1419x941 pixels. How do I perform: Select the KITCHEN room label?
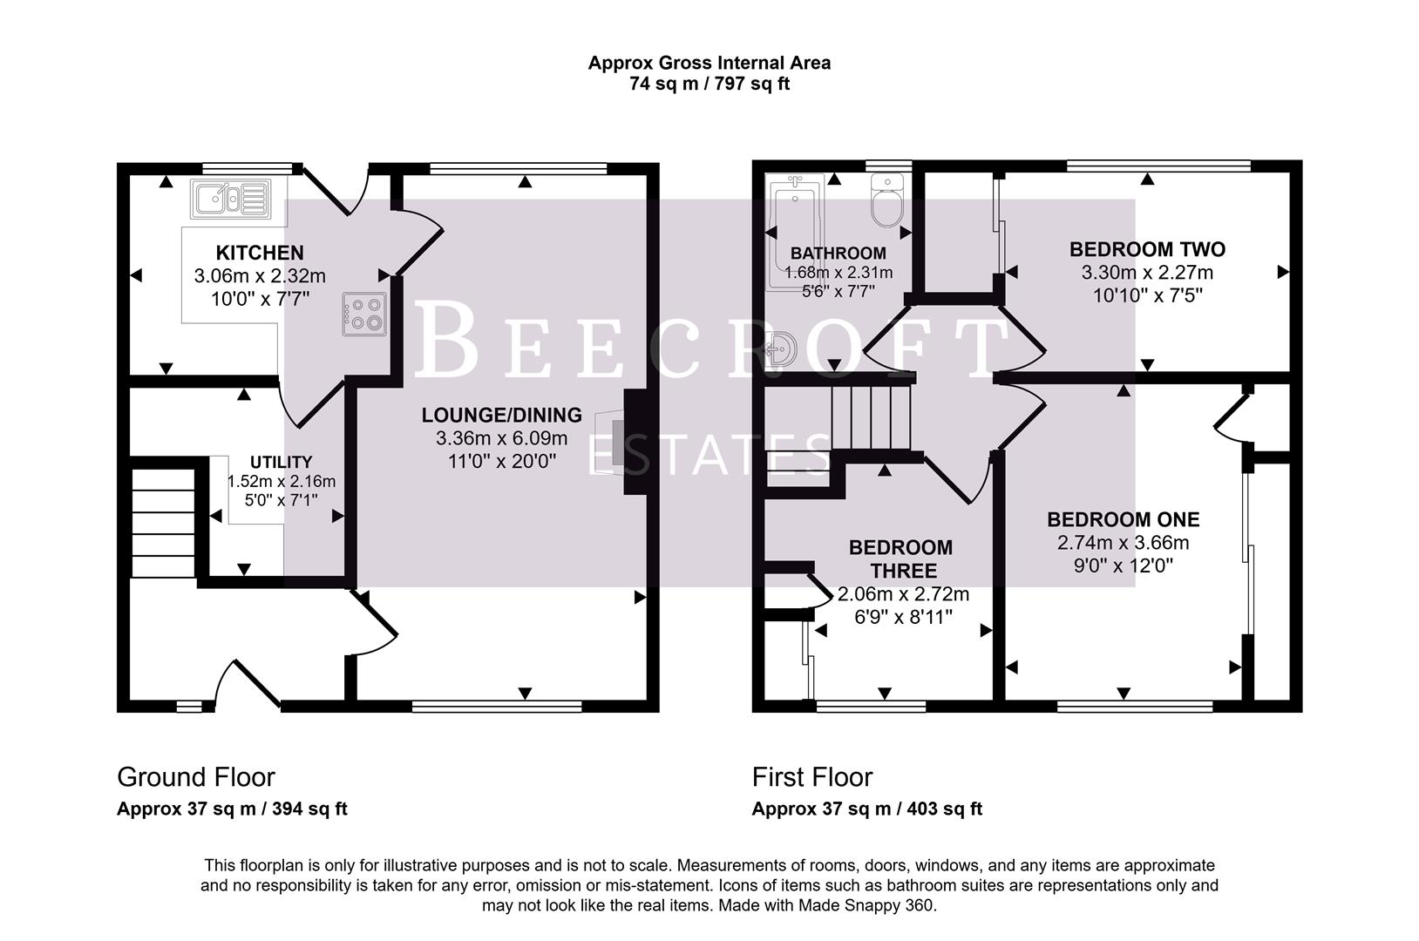click(x=260, y=253)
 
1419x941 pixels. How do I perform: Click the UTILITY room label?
click(x=281, y=462)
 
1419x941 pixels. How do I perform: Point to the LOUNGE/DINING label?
click(x=501, y=415)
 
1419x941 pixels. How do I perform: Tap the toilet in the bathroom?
click(x=887, y=202)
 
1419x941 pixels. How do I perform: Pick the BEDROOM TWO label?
click(x=1147, y=249)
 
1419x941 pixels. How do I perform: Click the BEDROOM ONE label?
click(x=1123, y=519)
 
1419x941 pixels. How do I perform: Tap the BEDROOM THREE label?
click(x=900, y=559)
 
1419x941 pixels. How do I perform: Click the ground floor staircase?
click(x=163, y=523)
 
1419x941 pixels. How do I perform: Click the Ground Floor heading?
click(x=196, y=776)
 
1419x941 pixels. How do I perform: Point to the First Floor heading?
click(x=811, y=776)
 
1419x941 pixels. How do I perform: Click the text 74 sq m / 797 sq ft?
click(x=709, y=85)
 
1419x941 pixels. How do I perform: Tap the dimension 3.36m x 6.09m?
click(x=501, y=438)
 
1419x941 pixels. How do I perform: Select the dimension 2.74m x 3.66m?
click(x=1123, y=543)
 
